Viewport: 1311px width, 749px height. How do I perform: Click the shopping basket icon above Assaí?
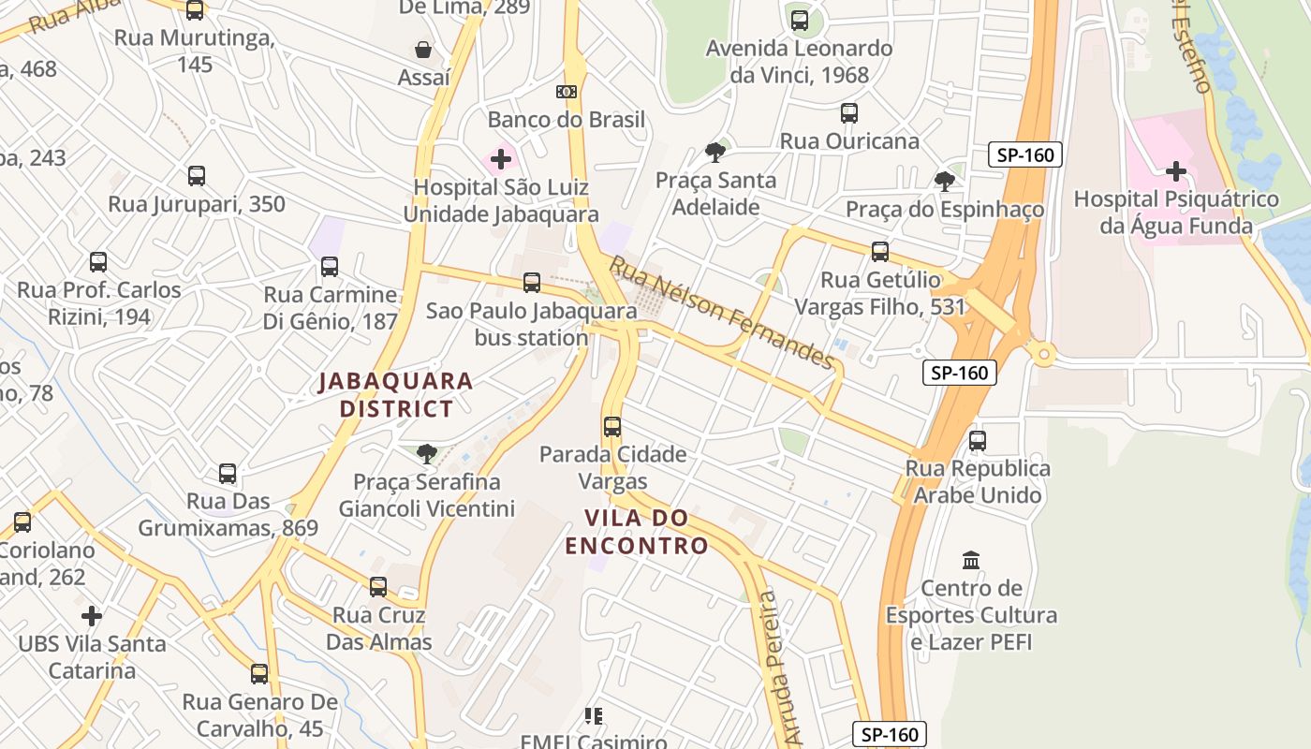tap(423, 50)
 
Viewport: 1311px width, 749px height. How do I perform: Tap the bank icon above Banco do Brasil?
tap(566, 92)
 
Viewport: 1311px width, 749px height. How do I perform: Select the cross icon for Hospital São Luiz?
tap(501, 159)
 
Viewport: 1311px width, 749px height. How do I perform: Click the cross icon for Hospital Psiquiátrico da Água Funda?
tap(1176, 171)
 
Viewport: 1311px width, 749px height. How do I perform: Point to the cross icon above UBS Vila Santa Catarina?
tap(92, 616)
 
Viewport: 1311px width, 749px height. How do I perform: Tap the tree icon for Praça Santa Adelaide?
tap(715, 152)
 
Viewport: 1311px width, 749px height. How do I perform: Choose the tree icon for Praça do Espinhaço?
tap(945, 181)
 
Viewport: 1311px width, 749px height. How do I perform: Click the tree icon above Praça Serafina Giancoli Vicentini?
tap(426, 454)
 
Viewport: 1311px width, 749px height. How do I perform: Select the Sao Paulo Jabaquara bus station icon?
tap(532, 282)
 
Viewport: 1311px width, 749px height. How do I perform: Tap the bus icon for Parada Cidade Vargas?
tap(612, 427)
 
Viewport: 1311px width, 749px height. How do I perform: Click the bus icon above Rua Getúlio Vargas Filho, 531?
tap(880, 251)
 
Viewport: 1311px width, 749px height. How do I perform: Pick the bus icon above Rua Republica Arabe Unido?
tap(978, 440)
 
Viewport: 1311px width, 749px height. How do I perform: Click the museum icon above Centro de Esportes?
tap(971, 560)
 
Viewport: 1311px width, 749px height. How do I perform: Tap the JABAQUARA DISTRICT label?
tap(396, 395)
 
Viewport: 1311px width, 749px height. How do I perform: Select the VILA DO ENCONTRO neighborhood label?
tap(637, 532)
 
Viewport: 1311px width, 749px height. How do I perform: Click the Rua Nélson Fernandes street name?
tap(721, 313)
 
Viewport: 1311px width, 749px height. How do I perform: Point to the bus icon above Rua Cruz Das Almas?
tap(378, 587)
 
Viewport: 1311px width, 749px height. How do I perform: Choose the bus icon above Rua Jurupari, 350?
tap(197, 175)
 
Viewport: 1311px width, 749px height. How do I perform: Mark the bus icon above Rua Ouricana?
tap(849, 113)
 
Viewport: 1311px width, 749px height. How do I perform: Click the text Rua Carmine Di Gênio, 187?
tap(331, 308)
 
